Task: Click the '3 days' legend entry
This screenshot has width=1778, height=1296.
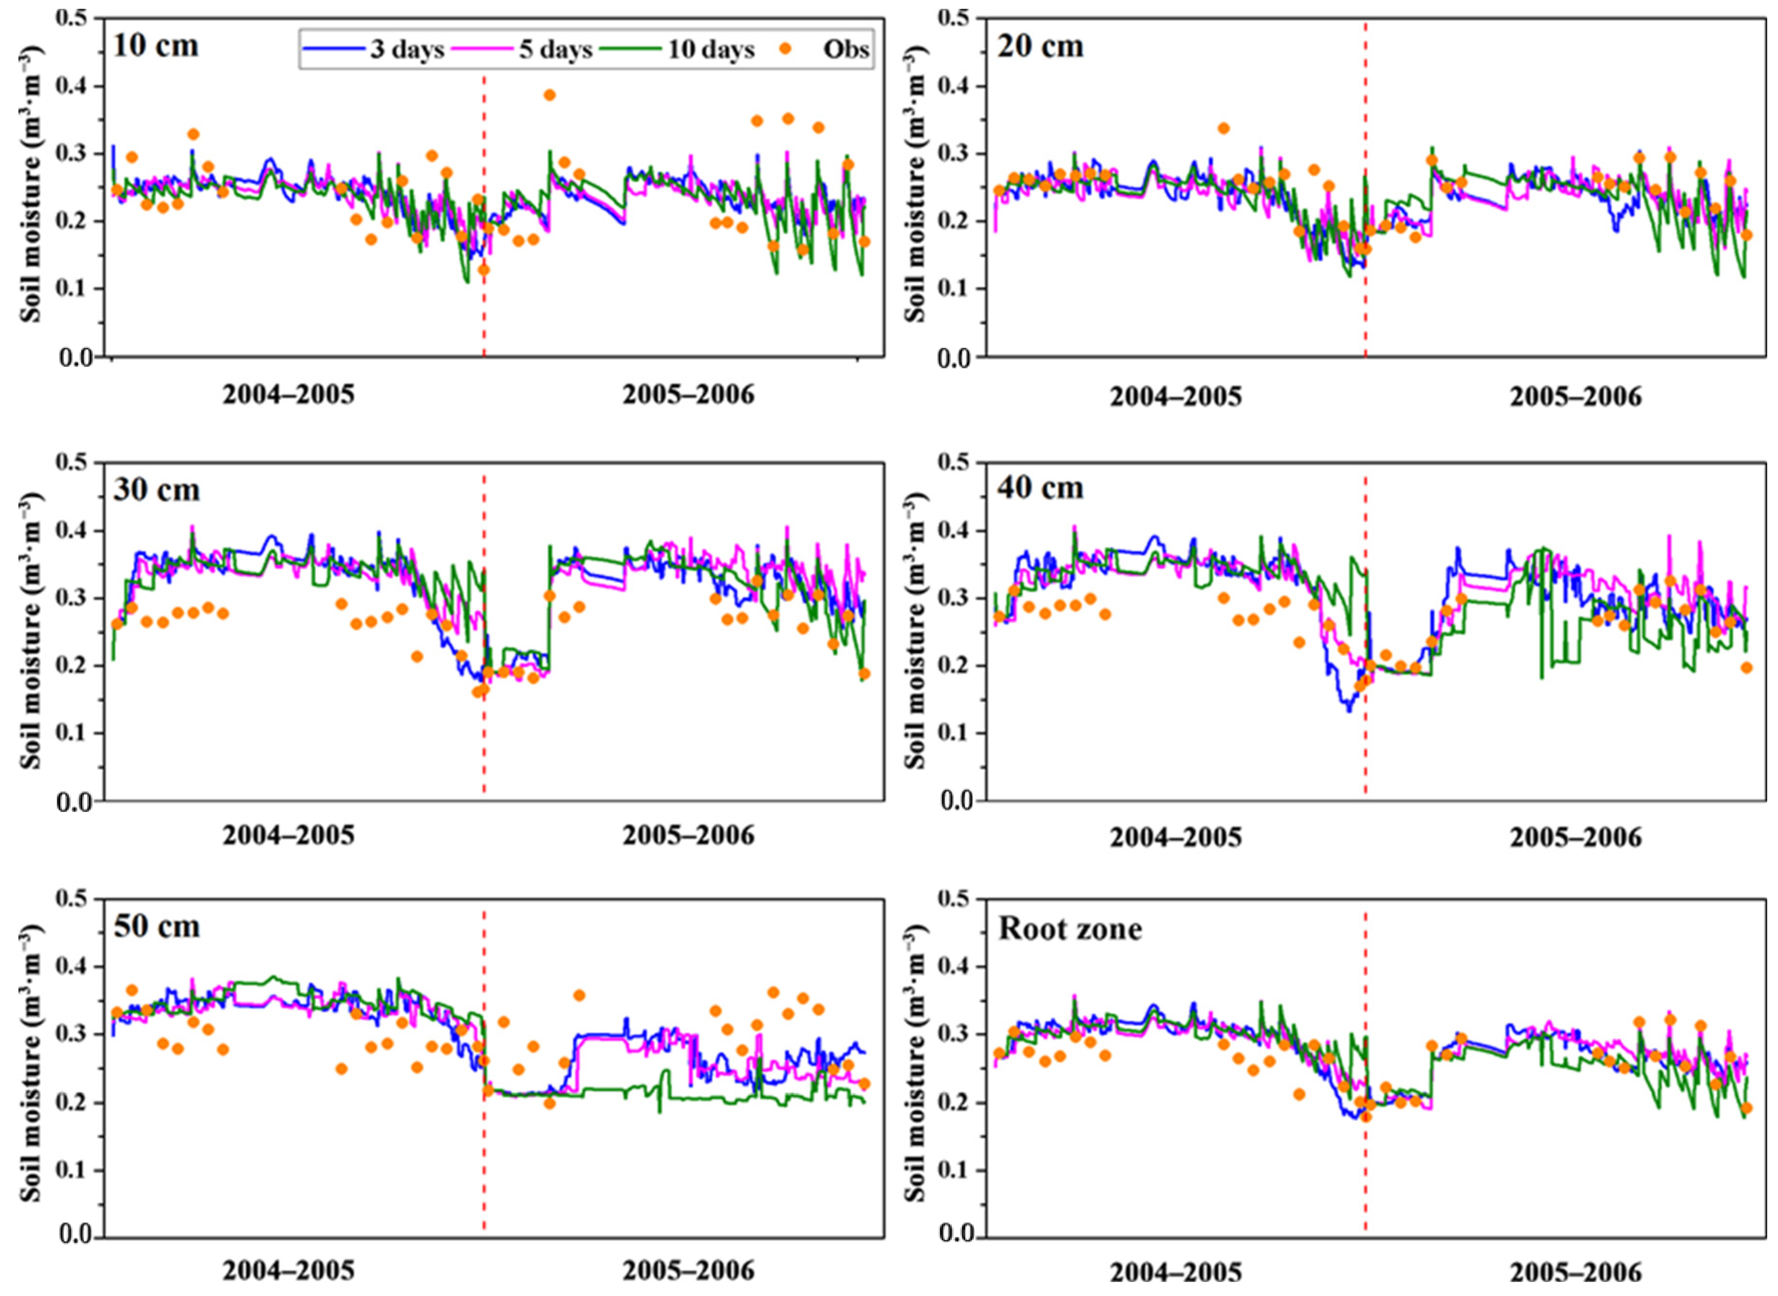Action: tap(373, 50)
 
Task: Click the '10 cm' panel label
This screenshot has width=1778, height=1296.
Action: tap(156, 45)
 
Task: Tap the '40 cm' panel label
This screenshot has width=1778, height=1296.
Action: tap(1040, 488)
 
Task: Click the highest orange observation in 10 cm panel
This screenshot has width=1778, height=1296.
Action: tap(549, 95)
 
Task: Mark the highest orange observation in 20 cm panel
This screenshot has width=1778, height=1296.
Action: tap(1223, 128)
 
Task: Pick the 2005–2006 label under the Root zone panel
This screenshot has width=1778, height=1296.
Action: tap(1576, 1272)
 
